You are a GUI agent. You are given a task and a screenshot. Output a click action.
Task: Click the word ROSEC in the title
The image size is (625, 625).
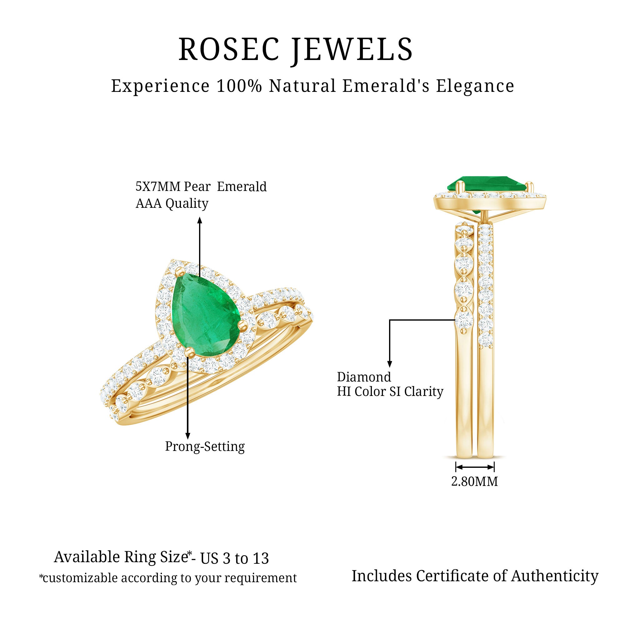tap(229, 49)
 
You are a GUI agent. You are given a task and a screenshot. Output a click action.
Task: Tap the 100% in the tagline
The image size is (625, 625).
tap(239, 86)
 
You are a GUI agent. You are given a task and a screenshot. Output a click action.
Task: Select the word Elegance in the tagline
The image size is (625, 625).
tap(475, 86)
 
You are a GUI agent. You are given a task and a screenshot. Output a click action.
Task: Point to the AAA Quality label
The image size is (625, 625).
tap(172, 204)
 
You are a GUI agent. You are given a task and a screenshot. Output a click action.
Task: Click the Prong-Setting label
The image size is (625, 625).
tap(205, 447)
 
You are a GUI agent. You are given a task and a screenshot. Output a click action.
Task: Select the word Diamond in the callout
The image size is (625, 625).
tap(364, 377)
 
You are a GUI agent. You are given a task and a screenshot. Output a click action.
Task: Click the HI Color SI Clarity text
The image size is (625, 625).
tap(390, 392)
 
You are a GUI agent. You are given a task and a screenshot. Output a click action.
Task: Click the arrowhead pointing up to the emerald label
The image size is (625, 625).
tap(200, 221)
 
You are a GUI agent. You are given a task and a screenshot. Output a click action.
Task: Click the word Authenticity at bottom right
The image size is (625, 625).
tap(555, 576)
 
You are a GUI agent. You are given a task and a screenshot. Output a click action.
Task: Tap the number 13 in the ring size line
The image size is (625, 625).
tap(261, 559)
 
